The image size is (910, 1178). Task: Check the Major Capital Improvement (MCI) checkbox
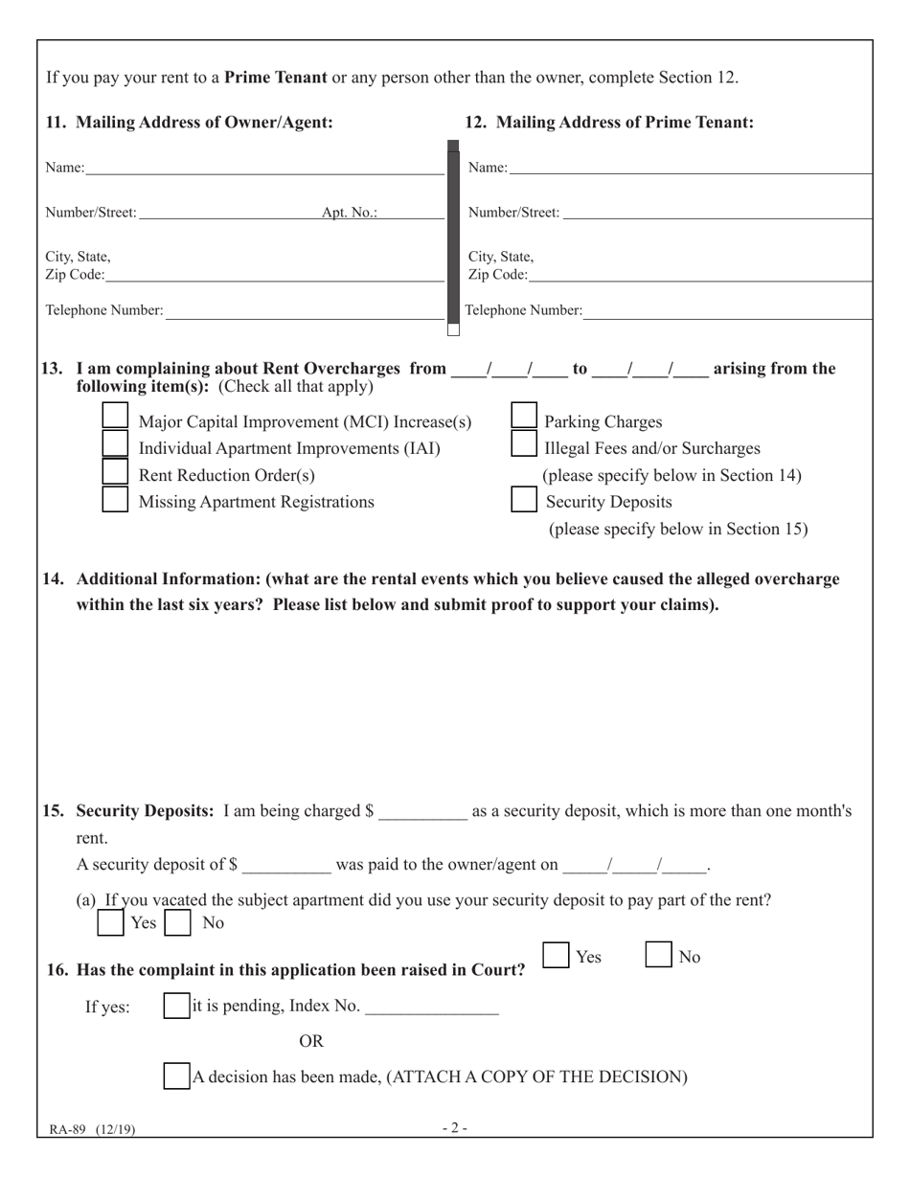tap(115, 415)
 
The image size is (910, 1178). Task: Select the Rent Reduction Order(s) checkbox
tap(115, 471)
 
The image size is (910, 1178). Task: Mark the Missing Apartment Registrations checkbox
tap(115, 499)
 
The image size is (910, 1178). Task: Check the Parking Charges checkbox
tap(524, 415)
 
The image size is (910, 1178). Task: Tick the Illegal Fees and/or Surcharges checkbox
tap(524, 443)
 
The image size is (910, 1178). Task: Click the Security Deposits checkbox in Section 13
tap(524, 499)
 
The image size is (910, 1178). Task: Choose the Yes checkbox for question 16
tap(557, 955)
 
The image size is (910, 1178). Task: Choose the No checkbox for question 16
tap(658, 955)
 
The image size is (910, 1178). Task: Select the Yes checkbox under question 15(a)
tap(111, 923)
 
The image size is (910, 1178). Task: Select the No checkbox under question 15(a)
tap(177, 923)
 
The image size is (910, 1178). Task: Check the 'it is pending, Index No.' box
tap(176, 1006)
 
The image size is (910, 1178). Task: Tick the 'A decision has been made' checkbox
tap(176, 1076)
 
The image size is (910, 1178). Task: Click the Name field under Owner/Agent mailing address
tap(263, 168)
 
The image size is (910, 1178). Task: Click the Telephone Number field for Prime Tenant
tap(726, 310)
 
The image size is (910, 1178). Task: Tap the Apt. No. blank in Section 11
tap(411, 212)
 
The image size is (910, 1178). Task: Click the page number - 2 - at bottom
tap(455, 1128)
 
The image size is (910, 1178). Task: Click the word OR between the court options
tap(311, 1041)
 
